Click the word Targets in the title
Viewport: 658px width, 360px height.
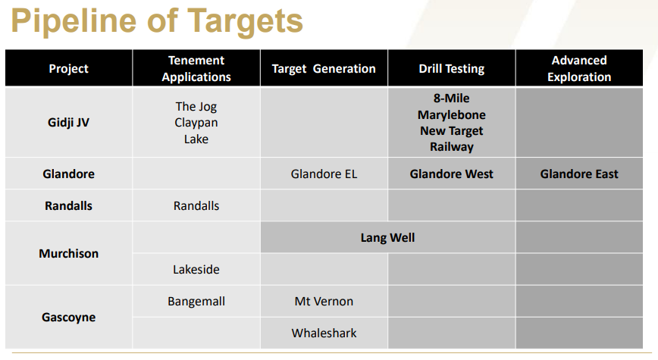point(245,22)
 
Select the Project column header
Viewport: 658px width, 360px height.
point(68,68)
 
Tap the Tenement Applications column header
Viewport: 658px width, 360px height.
point(196,68)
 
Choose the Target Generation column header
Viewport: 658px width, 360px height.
point(324,68)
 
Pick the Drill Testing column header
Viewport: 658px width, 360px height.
point(452,68)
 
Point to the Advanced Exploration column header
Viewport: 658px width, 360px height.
point(579,68)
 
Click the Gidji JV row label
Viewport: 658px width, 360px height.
point(68,123)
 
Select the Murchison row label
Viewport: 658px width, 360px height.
point(68,253)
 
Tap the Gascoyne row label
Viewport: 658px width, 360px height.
point(68,318)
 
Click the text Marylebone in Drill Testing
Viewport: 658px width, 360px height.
point(452,114)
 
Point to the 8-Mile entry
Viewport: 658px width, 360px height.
point(452,99)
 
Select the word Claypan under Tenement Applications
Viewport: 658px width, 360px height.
point(196,123)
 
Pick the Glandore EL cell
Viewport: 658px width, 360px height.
point(324,174)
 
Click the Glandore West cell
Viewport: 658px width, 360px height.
point(452,174)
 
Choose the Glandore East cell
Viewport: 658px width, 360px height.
point(579,174)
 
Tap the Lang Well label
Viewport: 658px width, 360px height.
point(388,238)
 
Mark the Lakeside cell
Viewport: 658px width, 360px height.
point(196,269)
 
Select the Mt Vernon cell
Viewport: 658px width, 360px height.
point(324,301)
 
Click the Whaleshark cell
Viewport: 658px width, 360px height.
point(324,333)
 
